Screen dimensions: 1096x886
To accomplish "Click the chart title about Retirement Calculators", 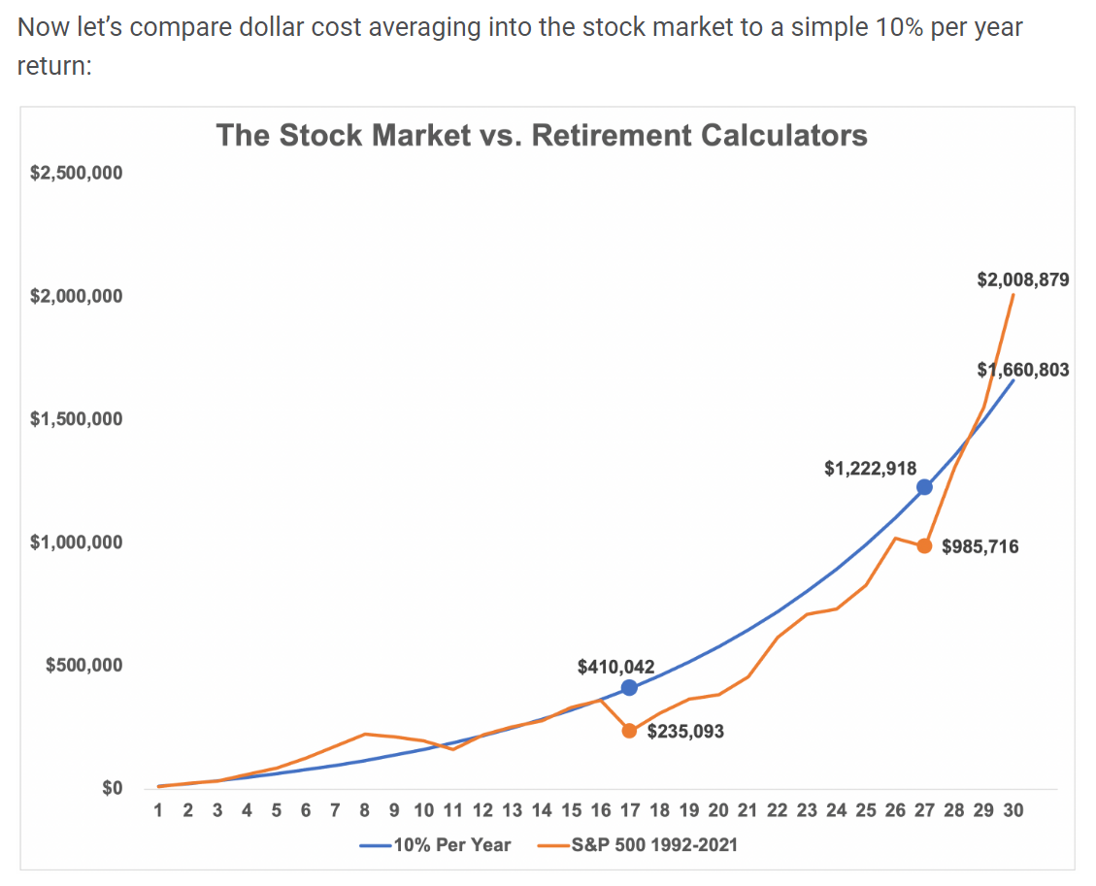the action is [542, 135].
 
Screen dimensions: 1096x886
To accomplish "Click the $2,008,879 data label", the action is [1022, 280].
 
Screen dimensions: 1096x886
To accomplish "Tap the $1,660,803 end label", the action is [1022, 370].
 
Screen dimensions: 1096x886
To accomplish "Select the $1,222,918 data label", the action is [870, 468].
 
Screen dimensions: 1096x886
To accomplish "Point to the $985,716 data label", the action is [980, 546].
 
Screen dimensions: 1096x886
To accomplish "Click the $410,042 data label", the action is [615, 667].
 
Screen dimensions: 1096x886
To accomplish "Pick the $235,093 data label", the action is [685, 732].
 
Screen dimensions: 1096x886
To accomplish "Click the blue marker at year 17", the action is [629, 688].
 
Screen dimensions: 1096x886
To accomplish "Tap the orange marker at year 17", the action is [629, 731].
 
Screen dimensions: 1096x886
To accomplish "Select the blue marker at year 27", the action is [924, 487].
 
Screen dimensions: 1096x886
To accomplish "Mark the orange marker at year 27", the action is [924, 545].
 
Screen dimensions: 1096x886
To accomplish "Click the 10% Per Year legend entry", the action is [436, 845].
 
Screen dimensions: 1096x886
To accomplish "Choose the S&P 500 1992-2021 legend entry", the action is [638, 845].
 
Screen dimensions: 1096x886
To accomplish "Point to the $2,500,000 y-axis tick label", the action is [76, 173].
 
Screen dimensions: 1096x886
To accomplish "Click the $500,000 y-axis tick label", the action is [83, 665].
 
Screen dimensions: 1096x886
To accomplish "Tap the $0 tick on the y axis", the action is [112, 788].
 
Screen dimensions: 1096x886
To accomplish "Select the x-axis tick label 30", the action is [1013, 810].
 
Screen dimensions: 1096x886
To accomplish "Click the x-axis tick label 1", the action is [158, 810].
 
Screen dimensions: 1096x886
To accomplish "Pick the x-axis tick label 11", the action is [453, 810].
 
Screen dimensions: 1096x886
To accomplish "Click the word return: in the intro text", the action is [54, 66].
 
